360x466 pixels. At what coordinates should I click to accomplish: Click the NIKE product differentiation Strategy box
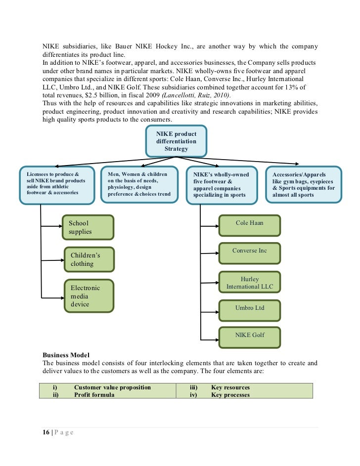[177, 141]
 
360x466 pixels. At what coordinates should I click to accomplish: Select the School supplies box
[89, 227]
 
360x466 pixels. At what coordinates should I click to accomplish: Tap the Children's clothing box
[89, 259]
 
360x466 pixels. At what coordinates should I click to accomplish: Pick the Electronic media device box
[89, 296]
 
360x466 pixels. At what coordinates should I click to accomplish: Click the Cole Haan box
[249, 225]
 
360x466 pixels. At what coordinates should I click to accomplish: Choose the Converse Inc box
[249, 254]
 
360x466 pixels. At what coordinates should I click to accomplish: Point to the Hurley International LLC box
[249, 283]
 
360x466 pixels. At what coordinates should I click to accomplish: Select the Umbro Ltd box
[249, 310]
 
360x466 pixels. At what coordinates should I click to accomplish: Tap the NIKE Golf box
[249, 337]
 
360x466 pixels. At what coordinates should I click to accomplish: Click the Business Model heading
[65, 355]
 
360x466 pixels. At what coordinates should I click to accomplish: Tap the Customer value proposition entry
[112, 387]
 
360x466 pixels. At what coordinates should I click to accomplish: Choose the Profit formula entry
[94, 395]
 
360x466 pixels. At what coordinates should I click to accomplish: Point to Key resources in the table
[230, 387]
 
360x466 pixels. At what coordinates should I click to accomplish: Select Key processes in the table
[230, 395]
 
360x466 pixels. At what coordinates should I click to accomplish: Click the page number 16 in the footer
[46, 432]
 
